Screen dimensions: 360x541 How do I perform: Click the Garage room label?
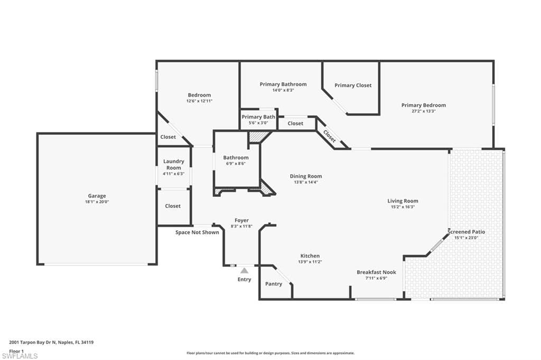coord(97,196)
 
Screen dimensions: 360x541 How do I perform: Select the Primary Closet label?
coord(353,85)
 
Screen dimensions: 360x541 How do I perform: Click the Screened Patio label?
coord(466,232)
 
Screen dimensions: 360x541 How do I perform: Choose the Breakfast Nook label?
coord(376,272)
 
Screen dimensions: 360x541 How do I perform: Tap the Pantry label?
coord(274,284)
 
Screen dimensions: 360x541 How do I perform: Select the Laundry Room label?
coord(173,165)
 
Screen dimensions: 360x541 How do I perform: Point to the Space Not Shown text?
coord(197,232)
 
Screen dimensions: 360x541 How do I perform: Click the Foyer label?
coord(241,220)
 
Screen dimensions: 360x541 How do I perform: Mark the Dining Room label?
coord(305,176)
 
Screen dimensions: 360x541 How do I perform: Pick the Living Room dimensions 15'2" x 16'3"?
coord(403,207)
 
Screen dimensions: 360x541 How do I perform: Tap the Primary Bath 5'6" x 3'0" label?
coord(258,119)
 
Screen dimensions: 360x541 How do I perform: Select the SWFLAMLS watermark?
coord(20,356)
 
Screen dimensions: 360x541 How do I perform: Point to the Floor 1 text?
coord(17,350)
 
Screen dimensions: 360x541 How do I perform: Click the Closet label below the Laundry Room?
coord(173,206)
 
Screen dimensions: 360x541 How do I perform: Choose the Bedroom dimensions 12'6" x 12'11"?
coord(199,101)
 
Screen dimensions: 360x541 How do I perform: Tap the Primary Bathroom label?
coord(283,84)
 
